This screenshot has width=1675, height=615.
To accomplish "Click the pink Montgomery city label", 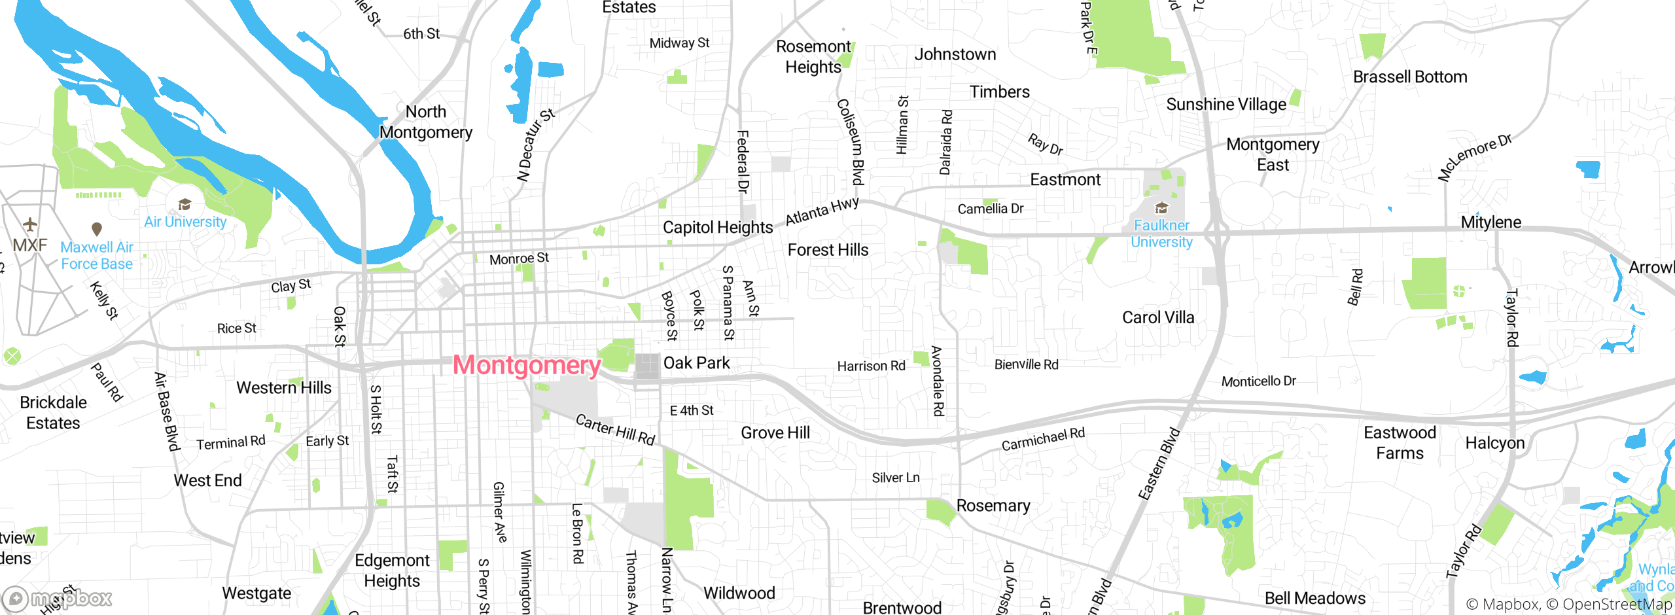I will [527, 365].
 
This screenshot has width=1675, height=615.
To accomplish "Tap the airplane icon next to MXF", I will [30, 225].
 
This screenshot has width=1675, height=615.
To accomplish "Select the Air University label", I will [185, 222].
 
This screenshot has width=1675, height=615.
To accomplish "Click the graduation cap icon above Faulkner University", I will [1161, 208].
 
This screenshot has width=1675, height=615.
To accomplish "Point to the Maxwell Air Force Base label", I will [97, 256].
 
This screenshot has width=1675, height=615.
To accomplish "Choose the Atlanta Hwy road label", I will [822, 211].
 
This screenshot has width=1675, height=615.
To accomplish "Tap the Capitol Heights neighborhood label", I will [718, 227].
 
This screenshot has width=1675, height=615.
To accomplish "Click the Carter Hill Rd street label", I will [615, 429].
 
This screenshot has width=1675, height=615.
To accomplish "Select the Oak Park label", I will [696, 363].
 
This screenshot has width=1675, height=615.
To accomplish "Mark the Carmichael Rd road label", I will [1043, 439].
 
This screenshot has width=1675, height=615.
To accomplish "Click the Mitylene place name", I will [1491, 222].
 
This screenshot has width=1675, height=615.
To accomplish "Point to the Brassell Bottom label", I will [1410, 77].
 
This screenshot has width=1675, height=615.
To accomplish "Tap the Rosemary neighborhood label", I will [993, 506].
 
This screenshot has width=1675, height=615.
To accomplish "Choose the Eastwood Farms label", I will [1400, 443].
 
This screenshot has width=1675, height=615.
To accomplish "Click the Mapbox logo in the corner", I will [58, 599].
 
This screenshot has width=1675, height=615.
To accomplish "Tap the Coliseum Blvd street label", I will [851, 142].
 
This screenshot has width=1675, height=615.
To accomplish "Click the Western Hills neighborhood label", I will [284, 388].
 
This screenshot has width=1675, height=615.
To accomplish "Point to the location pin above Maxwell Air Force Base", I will [97, 229].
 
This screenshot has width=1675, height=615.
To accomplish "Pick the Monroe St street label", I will [519, 259].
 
